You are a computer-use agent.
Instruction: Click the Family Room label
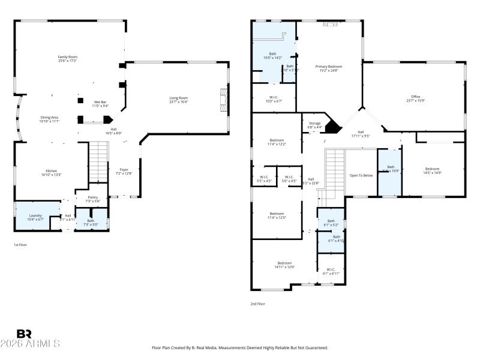coord(67,59)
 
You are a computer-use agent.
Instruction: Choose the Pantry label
coord(93,199)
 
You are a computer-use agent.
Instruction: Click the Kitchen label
coord(52,172)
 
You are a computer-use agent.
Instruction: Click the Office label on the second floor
coord(415,99)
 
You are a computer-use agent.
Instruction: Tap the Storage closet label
coord(314,125)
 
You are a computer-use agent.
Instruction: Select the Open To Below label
coord(361,175)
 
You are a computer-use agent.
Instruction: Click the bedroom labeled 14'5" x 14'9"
coord(433,170)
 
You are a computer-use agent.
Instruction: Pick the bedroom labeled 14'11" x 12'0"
coord(284,265)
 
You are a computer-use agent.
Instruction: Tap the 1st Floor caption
coord(20,245)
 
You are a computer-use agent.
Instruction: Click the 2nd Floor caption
coord(258,304)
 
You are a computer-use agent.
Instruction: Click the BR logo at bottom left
coord(24,334)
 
